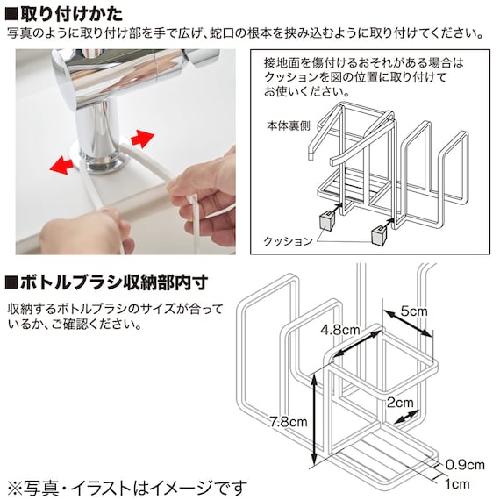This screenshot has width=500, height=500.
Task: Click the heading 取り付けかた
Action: (71, 13)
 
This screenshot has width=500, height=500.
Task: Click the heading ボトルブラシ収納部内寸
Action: (114, 282)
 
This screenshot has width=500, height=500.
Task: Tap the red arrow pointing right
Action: (142, 139)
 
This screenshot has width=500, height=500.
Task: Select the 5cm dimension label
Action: (414, 311)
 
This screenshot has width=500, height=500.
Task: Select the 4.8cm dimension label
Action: (340, 330)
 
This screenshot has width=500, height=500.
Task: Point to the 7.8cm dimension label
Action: (288, 422)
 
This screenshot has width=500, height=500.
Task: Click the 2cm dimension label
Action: (400, 403)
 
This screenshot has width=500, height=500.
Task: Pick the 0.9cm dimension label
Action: (465, 465)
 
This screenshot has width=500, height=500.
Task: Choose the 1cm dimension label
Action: (457, 484)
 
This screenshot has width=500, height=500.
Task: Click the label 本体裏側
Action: (288, 126)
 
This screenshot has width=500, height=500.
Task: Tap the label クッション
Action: (288, 241)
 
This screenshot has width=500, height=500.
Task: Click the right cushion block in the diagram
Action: (379, 235)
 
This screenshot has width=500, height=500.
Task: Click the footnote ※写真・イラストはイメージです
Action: (127, 488)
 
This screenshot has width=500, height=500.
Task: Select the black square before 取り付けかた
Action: (11, 14)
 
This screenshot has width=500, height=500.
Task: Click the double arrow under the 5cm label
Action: (407, 323)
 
